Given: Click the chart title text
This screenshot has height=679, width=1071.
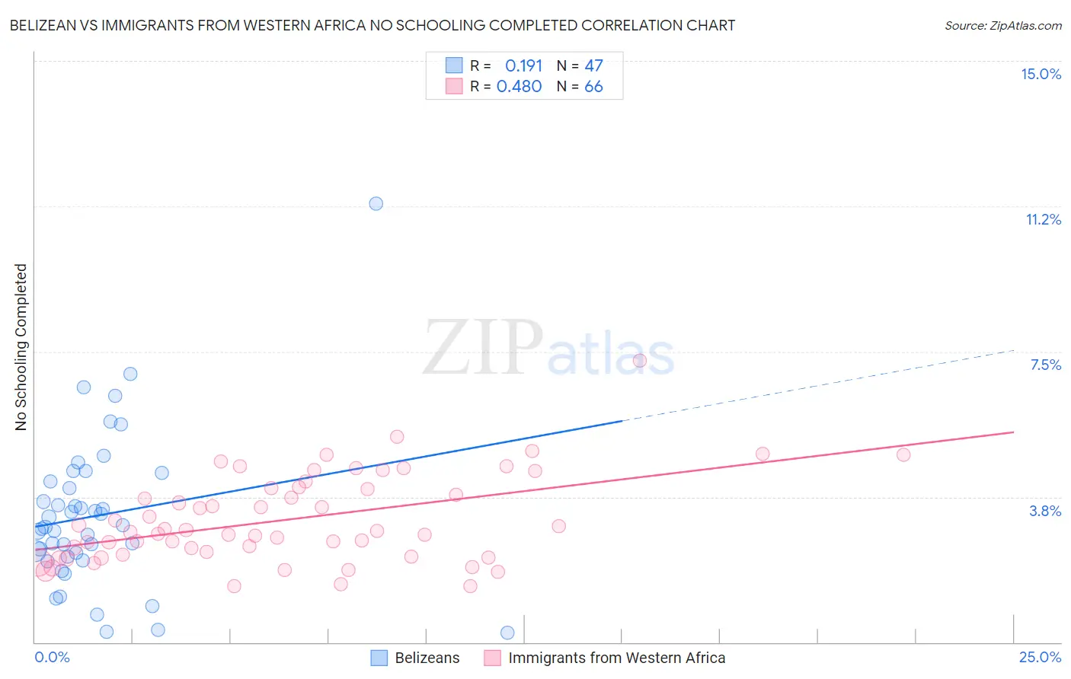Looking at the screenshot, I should pos(372,25).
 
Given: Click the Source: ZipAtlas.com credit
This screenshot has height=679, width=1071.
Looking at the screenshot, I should pos(1002,25).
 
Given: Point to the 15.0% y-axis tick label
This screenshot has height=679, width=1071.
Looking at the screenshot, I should pos(1041,74).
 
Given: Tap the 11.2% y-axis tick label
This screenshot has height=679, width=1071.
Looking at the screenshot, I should pos(1043,219).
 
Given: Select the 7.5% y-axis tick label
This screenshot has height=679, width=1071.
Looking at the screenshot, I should pos(1045,365).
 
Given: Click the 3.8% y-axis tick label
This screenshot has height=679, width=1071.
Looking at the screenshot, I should pos(1045,511).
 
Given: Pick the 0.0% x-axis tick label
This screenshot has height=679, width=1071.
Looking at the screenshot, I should pos(52,657).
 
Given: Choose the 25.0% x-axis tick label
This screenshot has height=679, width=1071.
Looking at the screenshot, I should pos(1040,657).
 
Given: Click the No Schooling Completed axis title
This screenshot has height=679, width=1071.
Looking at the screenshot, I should pos(21,347).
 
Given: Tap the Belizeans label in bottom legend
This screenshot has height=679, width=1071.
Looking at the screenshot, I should pos(427,658).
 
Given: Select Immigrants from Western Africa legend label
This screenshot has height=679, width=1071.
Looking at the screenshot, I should pos(616,658).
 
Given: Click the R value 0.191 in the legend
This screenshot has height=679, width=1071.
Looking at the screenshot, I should pos(523,65).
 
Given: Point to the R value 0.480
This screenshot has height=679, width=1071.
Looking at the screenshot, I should pos(519,86).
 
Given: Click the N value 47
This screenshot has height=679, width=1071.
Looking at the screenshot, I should pos(593,65).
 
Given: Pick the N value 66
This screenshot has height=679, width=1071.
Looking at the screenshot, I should pos(593,86).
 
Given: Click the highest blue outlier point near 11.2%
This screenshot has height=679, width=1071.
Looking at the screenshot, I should pos(376,203).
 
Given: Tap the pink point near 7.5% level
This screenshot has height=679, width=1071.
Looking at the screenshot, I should pos(639,361).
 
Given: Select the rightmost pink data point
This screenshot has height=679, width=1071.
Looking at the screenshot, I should pos(903,454).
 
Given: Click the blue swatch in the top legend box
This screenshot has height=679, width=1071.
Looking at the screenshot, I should pos(454,65).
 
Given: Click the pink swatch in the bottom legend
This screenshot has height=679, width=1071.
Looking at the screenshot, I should pos(492,658).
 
